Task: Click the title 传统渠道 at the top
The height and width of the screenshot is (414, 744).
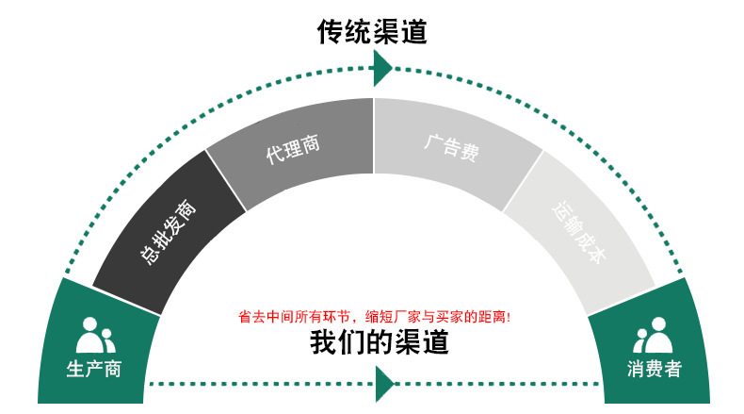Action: tap(372, 33)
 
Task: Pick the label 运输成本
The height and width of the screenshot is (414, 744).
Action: tap(580, 231)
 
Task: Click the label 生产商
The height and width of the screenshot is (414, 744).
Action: tap(93, 369)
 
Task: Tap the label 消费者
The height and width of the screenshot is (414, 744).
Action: tap(654, 369)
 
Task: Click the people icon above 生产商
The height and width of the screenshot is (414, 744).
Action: tap(94, 335)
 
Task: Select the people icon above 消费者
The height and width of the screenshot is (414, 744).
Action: tap(653, 335)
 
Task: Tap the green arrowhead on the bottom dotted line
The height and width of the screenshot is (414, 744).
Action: tap(383, 384)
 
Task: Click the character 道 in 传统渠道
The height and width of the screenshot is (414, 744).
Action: tap(413, 33)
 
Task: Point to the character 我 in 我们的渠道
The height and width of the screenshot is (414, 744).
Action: tap(324, 342)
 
